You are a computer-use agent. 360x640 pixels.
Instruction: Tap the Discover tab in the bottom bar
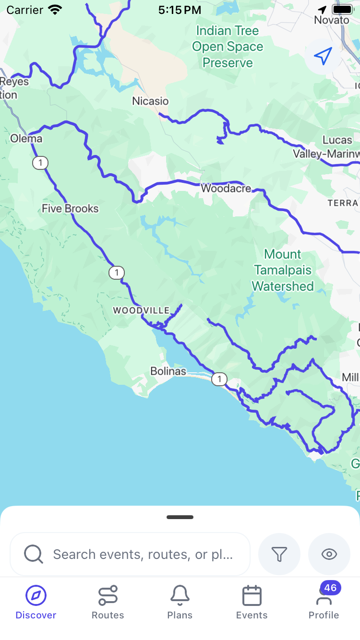36,603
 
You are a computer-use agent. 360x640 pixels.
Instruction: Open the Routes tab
108,603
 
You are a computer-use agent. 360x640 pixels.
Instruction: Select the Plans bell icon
180,596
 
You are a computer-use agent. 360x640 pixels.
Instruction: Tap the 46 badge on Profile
330,588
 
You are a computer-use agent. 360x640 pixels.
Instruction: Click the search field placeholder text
143,555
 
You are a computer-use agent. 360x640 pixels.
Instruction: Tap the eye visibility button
329,555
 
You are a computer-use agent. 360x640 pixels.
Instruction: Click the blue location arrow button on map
323,56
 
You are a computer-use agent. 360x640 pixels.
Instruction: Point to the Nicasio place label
151,101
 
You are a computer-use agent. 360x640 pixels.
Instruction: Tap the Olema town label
26,139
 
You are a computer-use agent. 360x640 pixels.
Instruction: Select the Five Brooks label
70,209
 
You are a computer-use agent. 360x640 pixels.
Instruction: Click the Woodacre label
226,189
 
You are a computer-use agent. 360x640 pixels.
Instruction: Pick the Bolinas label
168,371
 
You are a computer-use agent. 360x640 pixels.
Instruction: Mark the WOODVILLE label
142,310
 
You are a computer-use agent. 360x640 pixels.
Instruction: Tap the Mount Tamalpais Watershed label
283,270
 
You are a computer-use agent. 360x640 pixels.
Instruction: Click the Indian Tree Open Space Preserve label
228,47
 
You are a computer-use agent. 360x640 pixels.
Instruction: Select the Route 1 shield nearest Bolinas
219,379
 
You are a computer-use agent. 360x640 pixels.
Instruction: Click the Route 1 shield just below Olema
40,163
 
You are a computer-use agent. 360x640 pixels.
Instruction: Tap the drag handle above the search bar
180,517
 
